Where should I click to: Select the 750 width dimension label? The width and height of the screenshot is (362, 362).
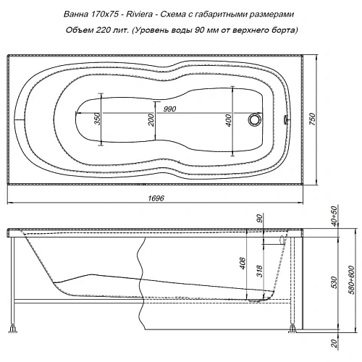coord(313,119)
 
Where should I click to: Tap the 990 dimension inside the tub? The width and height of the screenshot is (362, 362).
coord(171,109)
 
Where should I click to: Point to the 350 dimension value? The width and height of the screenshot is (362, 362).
coord(96,119)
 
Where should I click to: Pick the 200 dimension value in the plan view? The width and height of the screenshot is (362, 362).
coord(151,120)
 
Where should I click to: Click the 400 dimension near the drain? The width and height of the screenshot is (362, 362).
coord(229,120)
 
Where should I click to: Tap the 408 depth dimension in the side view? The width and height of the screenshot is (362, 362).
coord(243,266)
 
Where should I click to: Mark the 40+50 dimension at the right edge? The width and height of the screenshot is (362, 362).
coord(335,216)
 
